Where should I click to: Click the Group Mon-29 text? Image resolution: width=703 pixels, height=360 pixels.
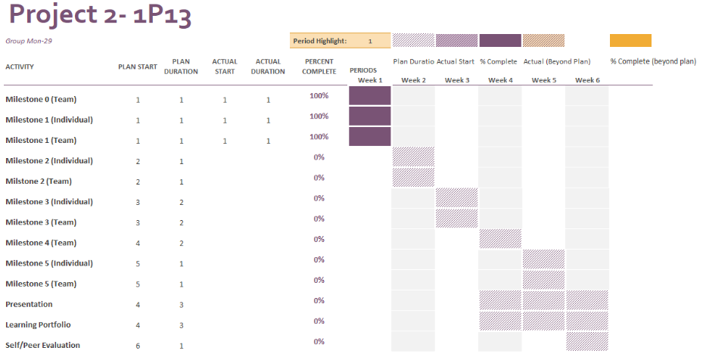29,41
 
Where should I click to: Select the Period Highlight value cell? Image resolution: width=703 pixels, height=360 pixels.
370,41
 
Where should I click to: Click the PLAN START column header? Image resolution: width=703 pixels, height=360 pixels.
137,67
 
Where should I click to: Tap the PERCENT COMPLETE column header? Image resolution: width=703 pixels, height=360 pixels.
319,67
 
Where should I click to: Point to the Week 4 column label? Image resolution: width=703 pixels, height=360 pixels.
500,79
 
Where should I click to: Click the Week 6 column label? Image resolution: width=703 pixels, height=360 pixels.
587,79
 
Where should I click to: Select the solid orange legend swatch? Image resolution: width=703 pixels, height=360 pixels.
630,41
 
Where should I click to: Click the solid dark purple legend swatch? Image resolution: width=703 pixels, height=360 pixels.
500,41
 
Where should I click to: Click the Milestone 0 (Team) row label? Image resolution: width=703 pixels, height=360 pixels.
41,99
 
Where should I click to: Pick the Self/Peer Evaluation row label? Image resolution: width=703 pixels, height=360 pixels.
42,345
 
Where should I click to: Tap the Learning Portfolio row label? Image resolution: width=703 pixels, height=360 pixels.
38,324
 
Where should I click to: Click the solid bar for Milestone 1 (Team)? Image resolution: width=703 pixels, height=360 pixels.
370,136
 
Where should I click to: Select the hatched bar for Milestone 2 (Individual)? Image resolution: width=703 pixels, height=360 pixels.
413,157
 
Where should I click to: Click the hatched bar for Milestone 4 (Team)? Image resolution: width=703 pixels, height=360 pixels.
500,239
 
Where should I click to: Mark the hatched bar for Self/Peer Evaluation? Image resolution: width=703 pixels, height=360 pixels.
587,341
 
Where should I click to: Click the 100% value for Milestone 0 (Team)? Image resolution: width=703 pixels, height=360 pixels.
319,95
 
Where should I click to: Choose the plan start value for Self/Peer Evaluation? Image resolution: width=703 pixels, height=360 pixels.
138,346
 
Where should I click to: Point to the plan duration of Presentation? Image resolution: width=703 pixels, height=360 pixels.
181,305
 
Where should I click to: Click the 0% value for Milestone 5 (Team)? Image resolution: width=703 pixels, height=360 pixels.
319,280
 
